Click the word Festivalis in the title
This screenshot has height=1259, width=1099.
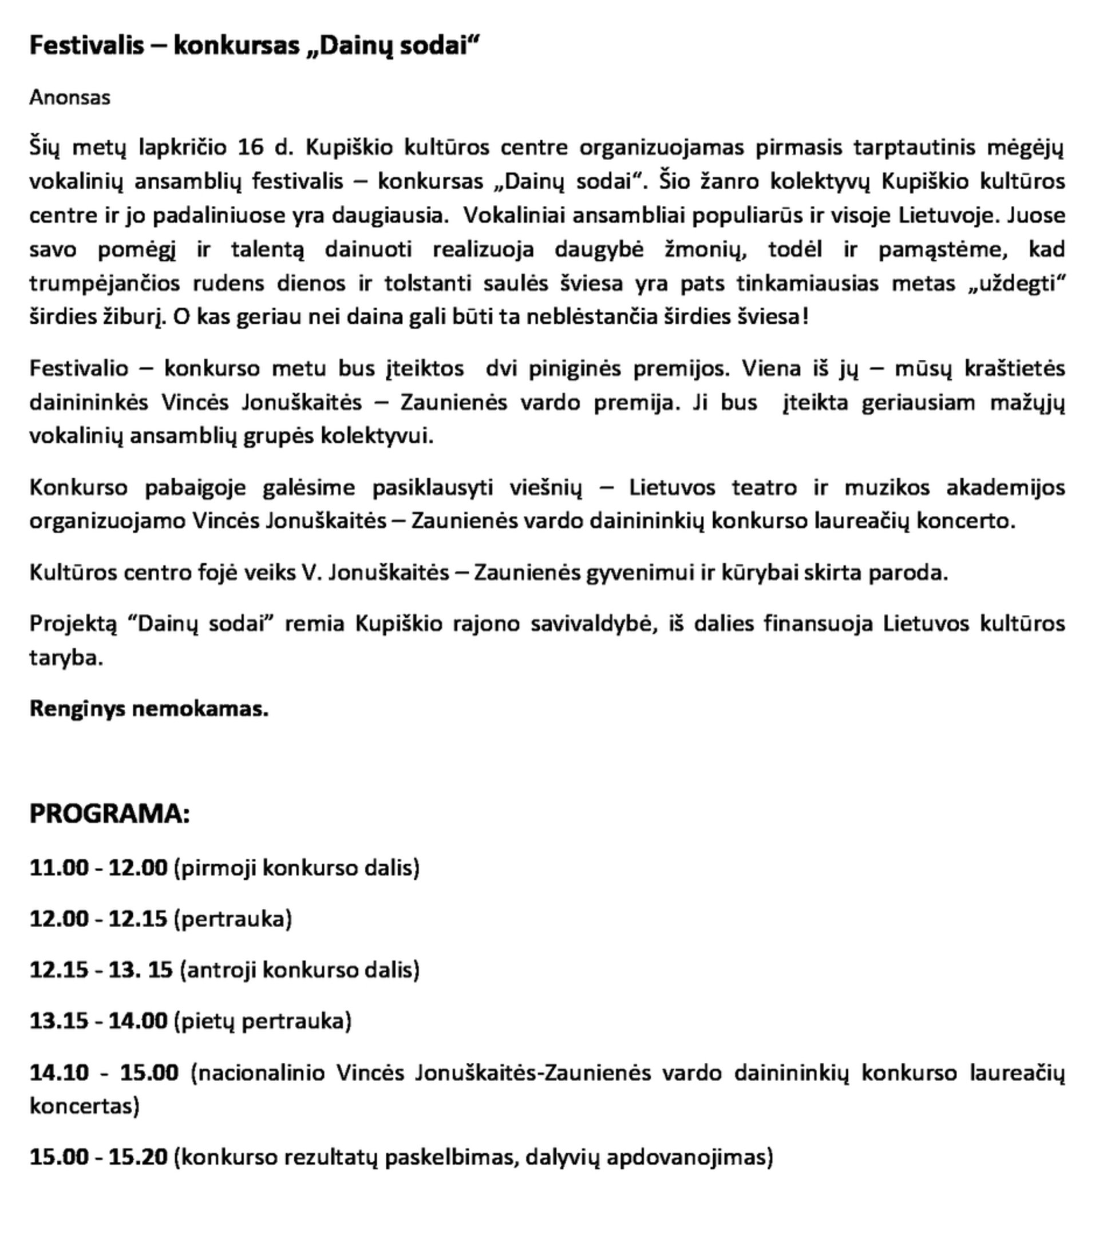(x=86, y=46)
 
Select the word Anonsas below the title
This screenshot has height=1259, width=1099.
(x=70, y=97)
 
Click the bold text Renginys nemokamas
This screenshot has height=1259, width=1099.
(x=149, y=709)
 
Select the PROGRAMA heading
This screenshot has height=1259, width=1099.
(x=110, y=814)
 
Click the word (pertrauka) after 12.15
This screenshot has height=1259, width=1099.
(x=233, y=919)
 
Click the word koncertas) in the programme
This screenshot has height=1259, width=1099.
(x=85, y=1106)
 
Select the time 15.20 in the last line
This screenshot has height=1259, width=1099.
(x=138, y=1157)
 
